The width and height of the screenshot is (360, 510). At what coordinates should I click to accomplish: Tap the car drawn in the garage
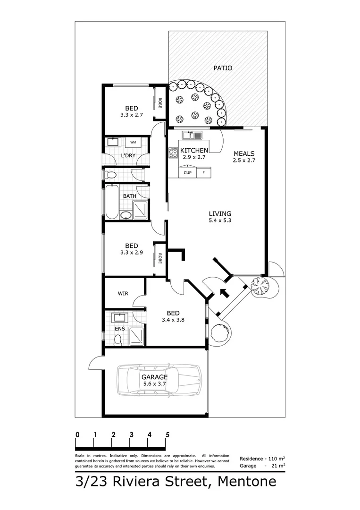160,379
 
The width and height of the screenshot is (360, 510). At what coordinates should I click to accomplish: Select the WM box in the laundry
133,142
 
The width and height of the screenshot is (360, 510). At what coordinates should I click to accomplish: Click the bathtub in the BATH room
111,202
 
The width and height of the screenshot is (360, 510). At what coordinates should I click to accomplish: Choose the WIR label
123,293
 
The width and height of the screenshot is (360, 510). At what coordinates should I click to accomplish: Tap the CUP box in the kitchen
187,173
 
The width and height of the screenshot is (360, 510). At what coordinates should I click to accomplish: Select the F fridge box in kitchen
204,173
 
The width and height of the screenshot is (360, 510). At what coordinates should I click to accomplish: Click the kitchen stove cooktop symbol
173,153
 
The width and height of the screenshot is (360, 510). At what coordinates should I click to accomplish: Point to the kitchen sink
193,136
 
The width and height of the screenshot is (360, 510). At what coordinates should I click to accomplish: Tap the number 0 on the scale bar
77,434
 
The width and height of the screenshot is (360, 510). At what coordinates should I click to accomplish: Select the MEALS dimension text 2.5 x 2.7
243,161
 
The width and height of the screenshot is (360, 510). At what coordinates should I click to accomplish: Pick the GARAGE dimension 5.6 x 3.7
154,384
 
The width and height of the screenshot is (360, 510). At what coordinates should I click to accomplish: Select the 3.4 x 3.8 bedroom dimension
173,320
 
